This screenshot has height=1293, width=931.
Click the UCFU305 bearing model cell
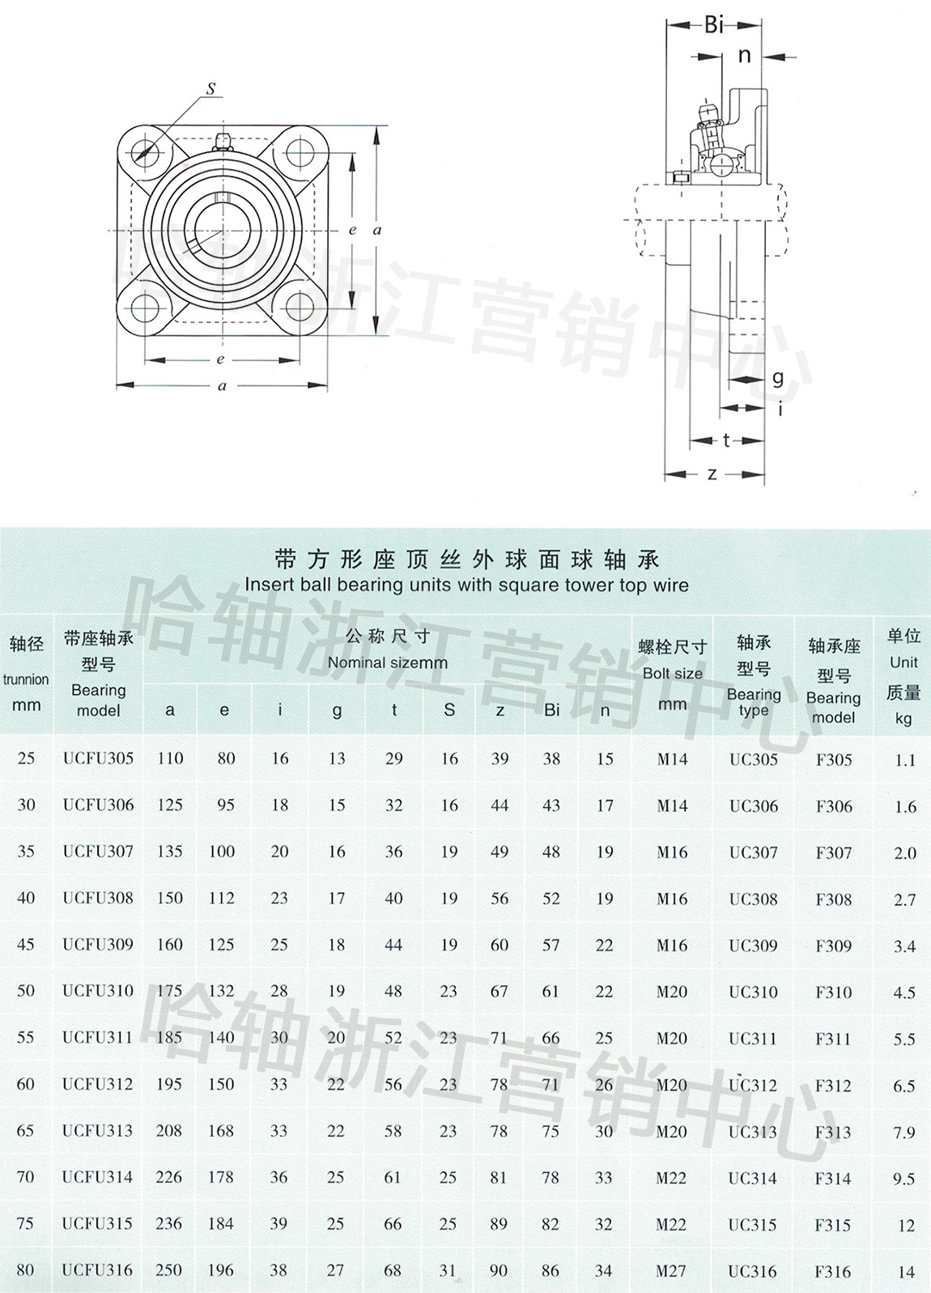point(98,758)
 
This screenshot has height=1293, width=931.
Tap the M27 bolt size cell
point(670,1270)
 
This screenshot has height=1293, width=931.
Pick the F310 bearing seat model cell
point(834,993)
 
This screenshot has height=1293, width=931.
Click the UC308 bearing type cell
point(753,899)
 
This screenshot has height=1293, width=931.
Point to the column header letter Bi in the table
point(552,710)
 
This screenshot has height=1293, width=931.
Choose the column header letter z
point(500,711)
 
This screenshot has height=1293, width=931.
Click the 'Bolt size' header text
point(673,674)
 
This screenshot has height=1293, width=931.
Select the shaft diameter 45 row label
point(26,944)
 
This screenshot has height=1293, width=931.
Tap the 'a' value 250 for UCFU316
point(169,1270)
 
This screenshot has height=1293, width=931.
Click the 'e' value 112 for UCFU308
point(222,898)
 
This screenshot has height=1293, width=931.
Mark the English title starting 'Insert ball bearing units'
point(466,585)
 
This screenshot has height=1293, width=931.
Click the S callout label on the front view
point(210,89)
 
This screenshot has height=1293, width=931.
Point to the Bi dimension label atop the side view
point(714,25)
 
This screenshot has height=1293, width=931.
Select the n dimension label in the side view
point(745,56)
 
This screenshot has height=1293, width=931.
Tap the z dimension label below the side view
point(712,474)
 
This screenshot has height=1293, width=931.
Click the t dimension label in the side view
point(726,440)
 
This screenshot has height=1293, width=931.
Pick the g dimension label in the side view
point(777,378)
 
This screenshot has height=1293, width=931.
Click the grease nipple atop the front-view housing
point(222,142)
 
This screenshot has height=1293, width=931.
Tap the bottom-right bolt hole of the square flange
point(300,306)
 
